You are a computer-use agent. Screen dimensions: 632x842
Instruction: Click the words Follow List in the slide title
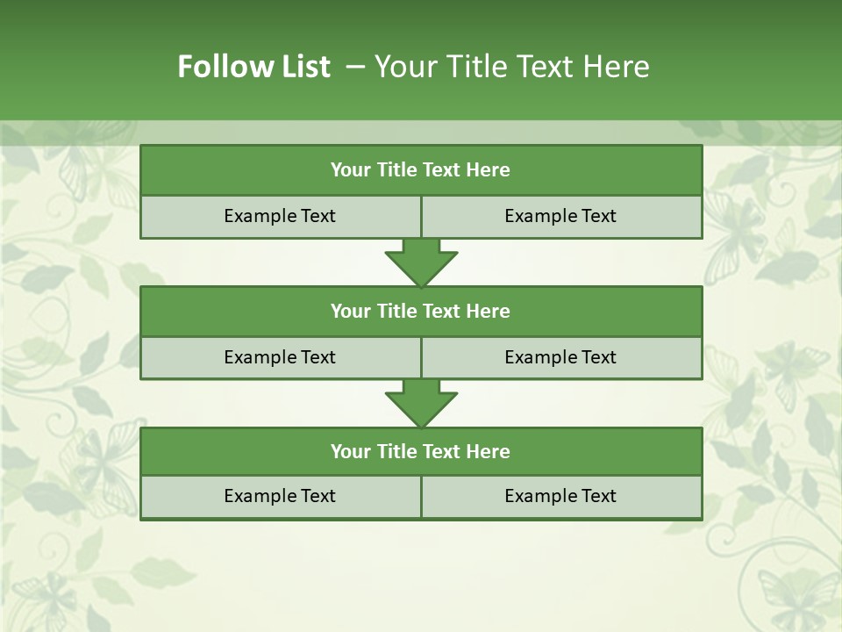click(x=253, y=67)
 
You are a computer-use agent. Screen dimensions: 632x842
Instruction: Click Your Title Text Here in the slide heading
click(x=511, y=67)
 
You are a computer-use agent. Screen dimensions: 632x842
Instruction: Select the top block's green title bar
click(x=421, y=170)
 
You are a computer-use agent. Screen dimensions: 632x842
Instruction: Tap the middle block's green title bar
click(x=421, y=311)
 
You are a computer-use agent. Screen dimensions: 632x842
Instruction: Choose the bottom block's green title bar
click(x=421, y=451)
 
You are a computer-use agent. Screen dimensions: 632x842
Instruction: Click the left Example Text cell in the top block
click(x=280, y=216)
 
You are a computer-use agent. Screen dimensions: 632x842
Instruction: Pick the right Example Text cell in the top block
click(x=560, y=216)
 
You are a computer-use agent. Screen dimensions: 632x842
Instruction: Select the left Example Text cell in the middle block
click(x=280, y=357)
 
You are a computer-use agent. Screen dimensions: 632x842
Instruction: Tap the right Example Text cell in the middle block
click(x=560, y=357)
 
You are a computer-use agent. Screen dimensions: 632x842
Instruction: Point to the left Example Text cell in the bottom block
click(x=280, y=496)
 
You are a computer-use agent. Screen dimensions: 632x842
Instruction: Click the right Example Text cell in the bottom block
click(x=560, y=496)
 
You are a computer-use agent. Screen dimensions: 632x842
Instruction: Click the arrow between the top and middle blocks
click(x=421, y=262)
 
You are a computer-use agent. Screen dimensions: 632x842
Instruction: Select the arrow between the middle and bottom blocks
click(x=421, y=403)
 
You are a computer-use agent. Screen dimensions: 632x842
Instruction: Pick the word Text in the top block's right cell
click(x=597, y=216)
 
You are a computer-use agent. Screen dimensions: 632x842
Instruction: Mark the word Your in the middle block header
click(x=350, y=311)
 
